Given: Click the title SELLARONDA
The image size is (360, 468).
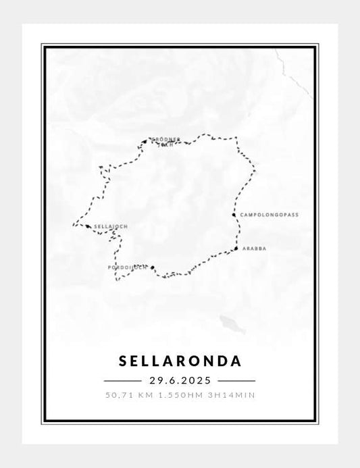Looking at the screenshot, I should tap(180, 361).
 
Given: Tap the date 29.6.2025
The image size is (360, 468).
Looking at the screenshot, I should tap(180, 381).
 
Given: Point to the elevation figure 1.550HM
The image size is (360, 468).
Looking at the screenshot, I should tap(180, 395).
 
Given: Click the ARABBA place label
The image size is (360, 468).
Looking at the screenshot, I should tap(254, 249).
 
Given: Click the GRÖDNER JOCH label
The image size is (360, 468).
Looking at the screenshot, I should tap(165, 141).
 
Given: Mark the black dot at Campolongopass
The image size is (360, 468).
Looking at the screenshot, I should tap(234, 215).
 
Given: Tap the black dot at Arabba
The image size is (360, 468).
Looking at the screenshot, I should tap(236, 249).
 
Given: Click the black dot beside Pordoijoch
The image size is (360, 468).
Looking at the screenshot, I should tap(153, 267).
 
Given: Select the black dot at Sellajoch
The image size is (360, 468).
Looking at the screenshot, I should tap(88, 226).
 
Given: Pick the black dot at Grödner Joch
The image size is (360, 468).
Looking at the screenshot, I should tap(145, 142).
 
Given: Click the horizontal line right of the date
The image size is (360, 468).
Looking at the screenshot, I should tap(237, 381).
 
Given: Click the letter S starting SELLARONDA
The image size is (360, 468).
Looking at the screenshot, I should tap(123, 361).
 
